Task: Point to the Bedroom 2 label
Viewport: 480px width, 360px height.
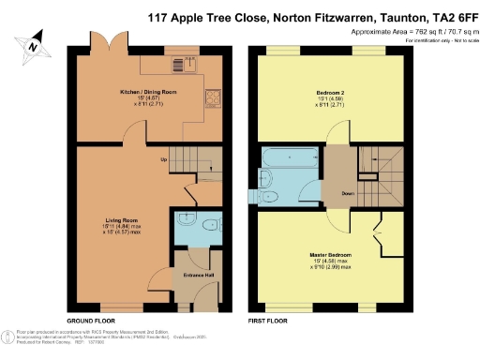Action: pyautogui.click(x=321, y=92)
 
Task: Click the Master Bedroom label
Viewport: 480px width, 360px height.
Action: pyautogui.click(x=336, y=253)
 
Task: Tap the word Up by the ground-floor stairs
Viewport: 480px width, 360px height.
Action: pyautogui.click(x=164, y=158)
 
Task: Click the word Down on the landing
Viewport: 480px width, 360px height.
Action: pyautogui.click(x=346, y=194)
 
